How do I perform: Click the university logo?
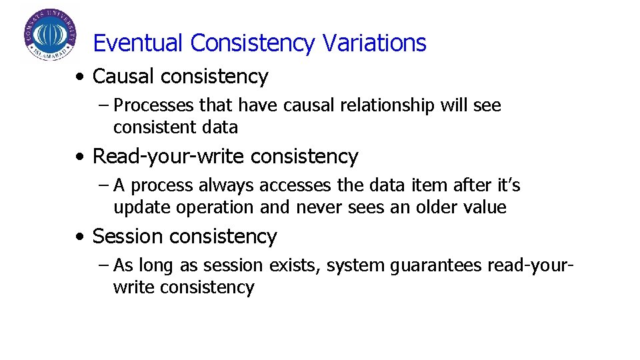50,35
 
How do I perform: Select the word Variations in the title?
374,43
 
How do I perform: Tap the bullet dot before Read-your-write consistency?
80,157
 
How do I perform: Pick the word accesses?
291,185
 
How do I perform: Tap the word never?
318,207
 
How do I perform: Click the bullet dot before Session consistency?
80,237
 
